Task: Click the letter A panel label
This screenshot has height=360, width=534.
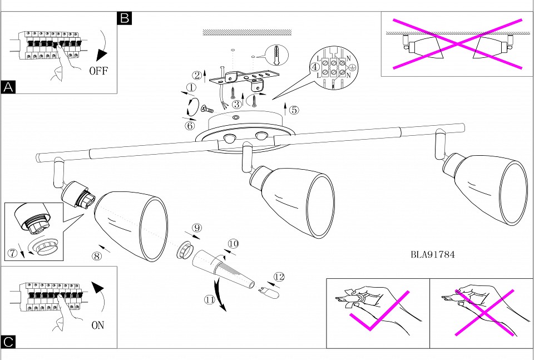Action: coord(8,87)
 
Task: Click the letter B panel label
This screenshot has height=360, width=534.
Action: coord(125,18)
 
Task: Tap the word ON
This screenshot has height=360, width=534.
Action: coord(97,326)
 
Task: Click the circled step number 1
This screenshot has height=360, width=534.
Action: coord(191,87)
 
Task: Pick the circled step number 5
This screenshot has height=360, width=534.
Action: coord(293,110)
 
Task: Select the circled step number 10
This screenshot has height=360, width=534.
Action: coord(233,243)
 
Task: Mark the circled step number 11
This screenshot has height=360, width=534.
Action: coord(210,299)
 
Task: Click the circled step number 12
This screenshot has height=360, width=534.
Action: coord(279,276)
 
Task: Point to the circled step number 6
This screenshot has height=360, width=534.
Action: coord(190,126)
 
